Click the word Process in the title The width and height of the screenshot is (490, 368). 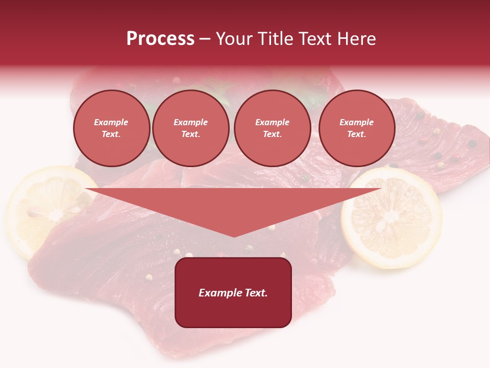click(x=160, y=39)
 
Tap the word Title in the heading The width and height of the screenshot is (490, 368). click(x=273, y=39)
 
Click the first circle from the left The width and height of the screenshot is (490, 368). click(x=111, y=128)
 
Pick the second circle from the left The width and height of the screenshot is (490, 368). click(x=190, y=128)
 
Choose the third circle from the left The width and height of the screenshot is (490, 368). click(x=272, y=128)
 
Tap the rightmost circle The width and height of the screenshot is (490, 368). click(x=356, y=128)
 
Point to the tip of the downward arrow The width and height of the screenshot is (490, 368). click(x=234, y=237)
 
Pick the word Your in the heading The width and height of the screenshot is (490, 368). click(x=233, y=39)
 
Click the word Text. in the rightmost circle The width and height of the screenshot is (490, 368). click(x=356, y=134)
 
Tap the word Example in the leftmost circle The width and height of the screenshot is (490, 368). click(x=111, y=122)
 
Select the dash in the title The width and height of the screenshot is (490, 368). click(x=205, y=39)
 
